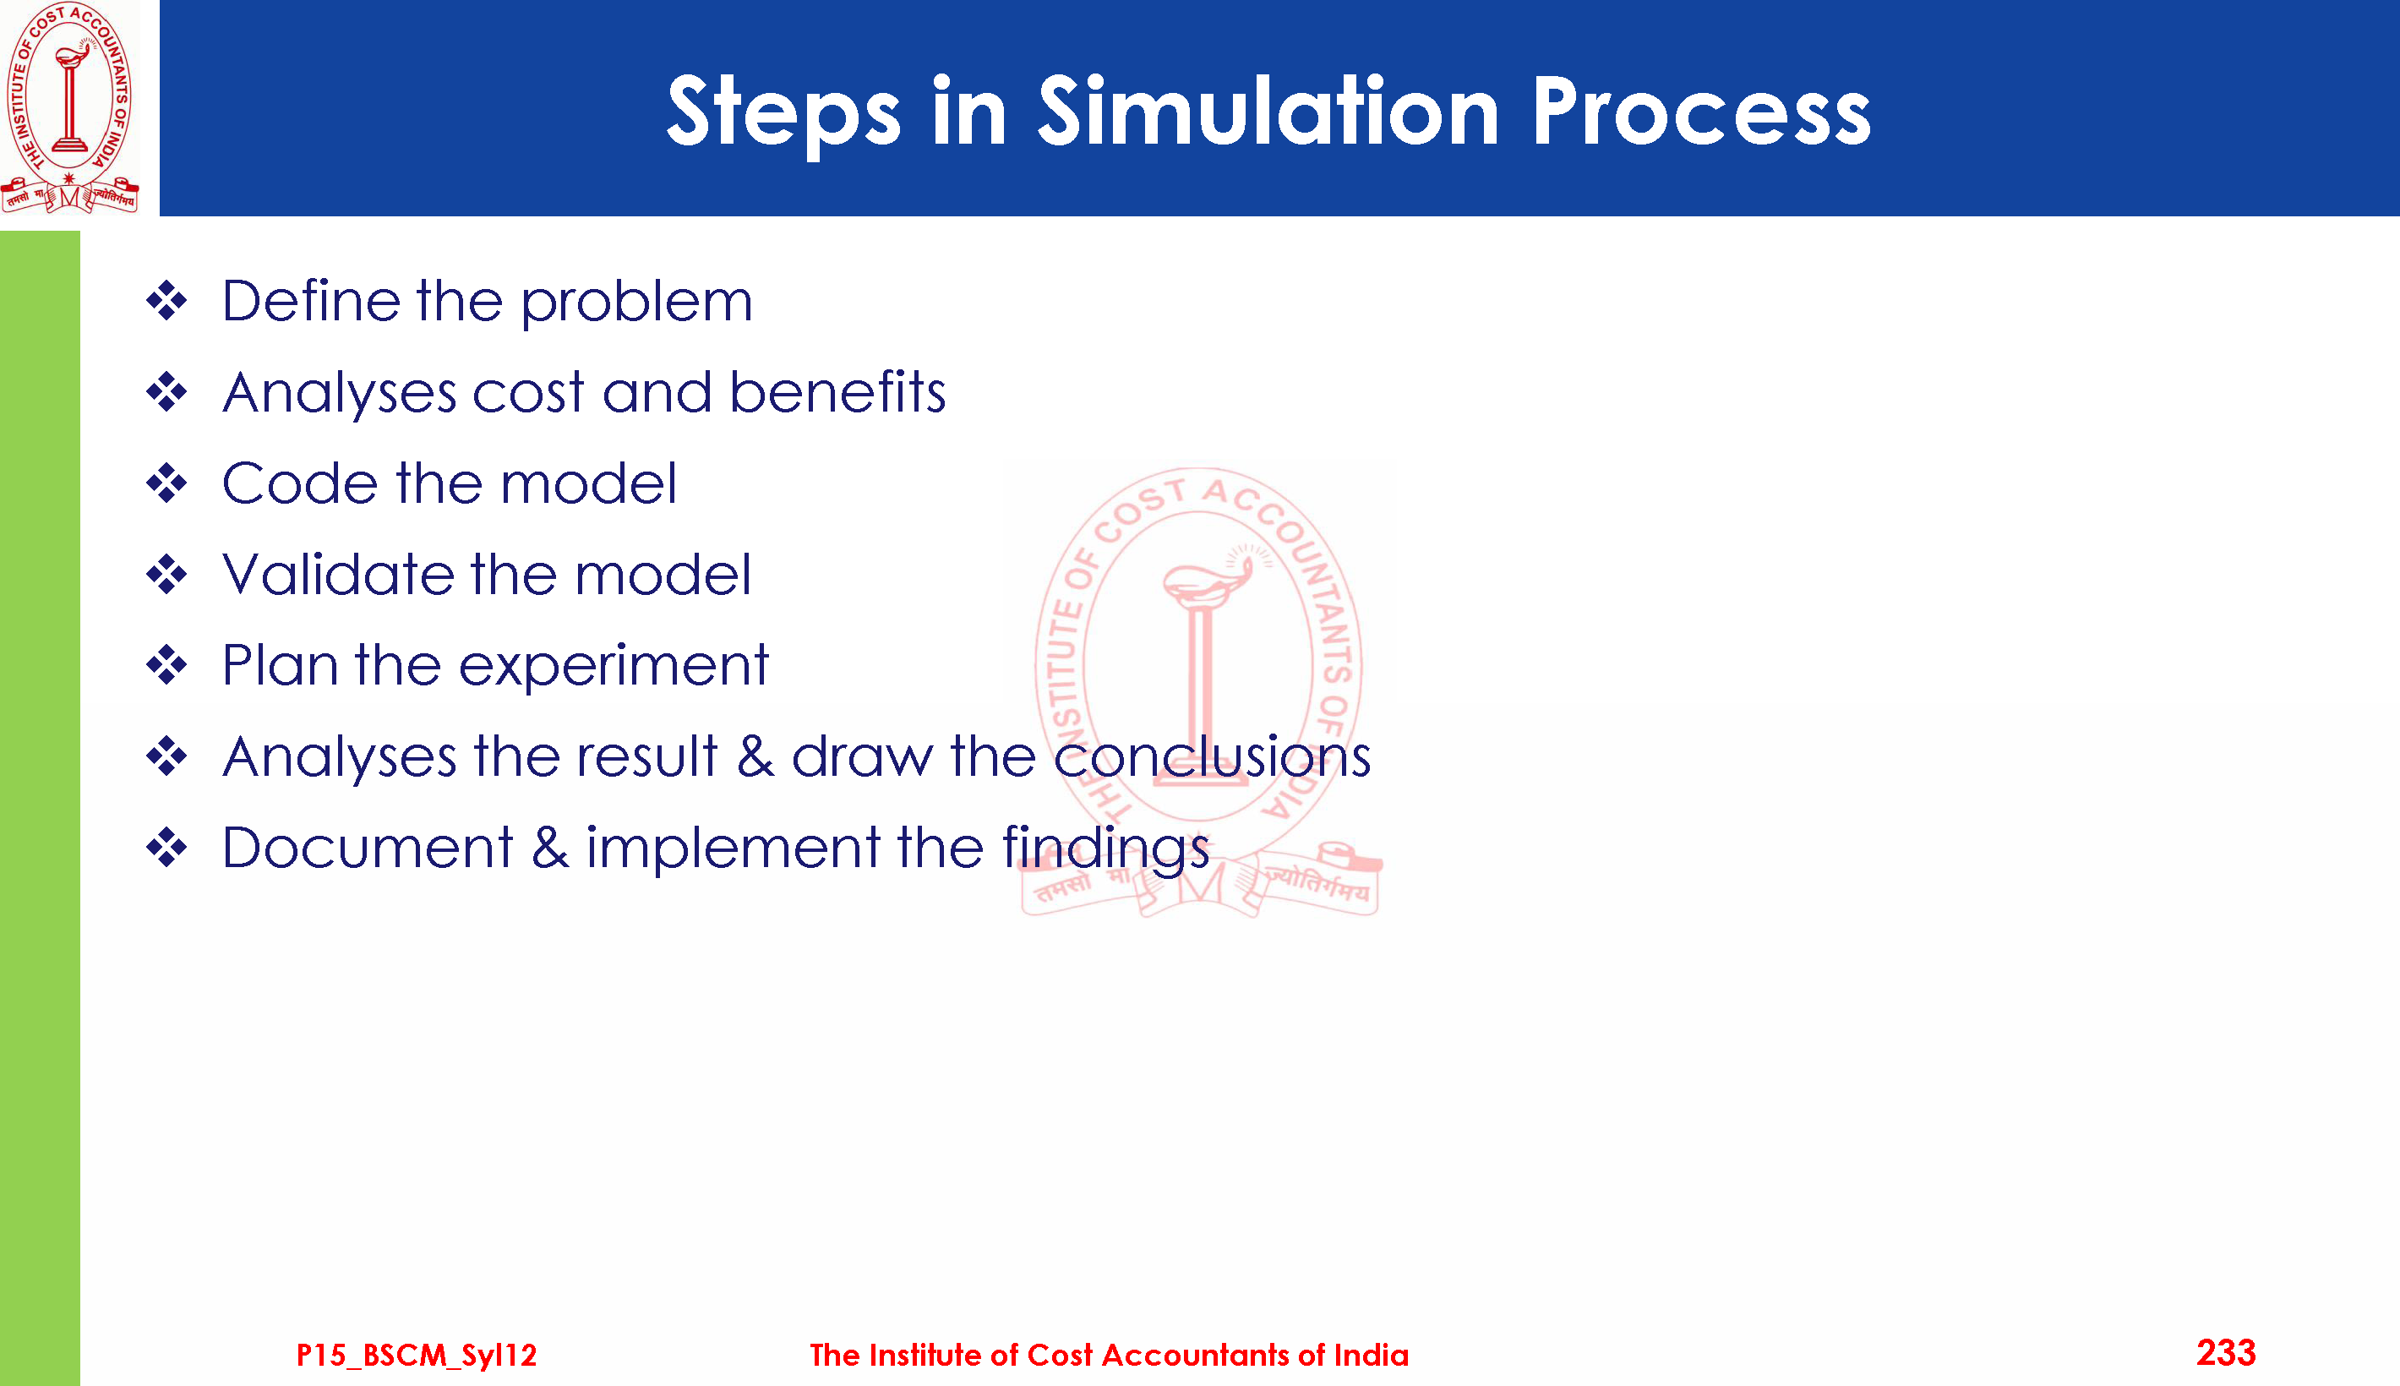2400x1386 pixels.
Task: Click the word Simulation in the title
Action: [1268, 112]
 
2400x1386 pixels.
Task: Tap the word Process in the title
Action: [1700, 112]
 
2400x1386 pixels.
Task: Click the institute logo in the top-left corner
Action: [70, 107]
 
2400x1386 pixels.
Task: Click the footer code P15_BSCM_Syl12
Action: [417, 1355]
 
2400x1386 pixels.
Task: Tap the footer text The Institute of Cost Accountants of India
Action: [1109, 1355]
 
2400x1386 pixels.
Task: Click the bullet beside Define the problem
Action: [167, 301]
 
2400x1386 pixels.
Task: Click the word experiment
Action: [614, 665]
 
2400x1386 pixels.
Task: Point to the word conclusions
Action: [1213, 756]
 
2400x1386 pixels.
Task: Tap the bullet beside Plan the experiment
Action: [167, 665]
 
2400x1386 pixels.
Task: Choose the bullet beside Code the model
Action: [167, 483]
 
